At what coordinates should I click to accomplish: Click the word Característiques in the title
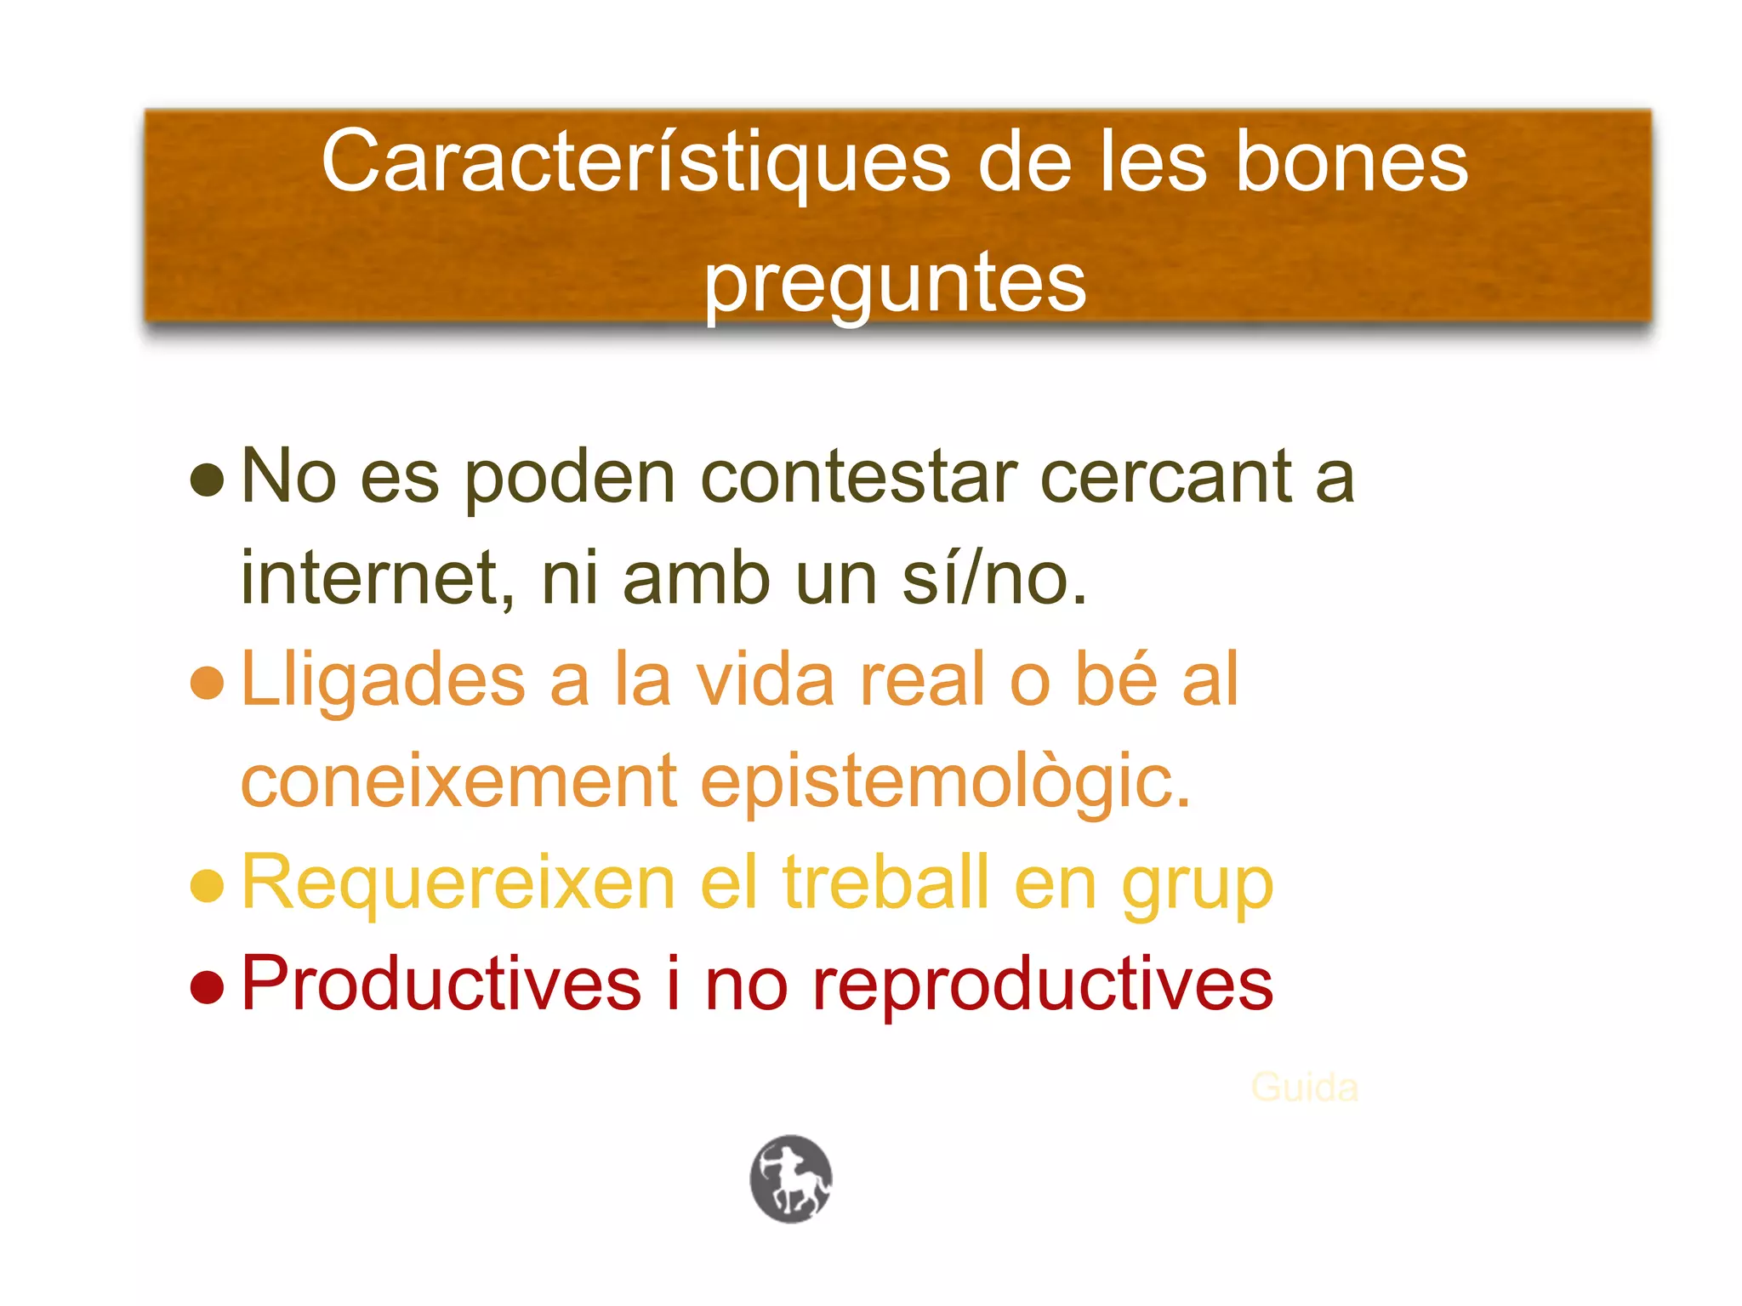(635, 162)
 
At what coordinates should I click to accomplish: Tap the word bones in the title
(1351, 162)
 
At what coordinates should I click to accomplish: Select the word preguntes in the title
(895, 283)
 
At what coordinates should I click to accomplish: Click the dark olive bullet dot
(208, 480)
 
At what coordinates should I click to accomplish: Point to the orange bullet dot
(208, 682)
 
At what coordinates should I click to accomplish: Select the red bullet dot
(208, 986)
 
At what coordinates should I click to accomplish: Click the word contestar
(859, 477)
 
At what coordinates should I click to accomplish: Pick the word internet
(379, 578)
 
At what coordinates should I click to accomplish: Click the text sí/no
(994, 578)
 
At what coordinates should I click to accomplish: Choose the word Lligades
(384, 680)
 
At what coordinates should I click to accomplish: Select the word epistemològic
(945, 782)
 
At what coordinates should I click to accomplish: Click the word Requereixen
(458, 883)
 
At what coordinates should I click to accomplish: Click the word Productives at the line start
(441, 984)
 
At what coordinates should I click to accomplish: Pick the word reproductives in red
(1043, 985)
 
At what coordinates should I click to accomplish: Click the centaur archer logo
(791, 1178)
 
